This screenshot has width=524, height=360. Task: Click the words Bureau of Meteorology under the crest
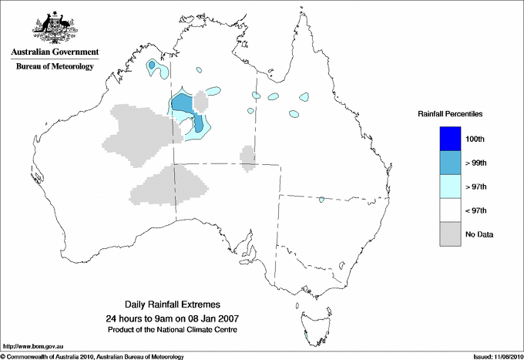coord(55,66)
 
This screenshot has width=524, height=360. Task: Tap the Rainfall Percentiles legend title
coord(450,113)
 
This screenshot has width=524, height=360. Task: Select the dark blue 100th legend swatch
coord(449,139)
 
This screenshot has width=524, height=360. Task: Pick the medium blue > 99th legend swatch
coord(449,163)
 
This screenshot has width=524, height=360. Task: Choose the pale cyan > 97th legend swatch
coord(449,187)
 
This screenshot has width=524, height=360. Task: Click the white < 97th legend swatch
coord(449,210)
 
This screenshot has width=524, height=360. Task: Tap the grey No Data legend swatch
coord(449,234)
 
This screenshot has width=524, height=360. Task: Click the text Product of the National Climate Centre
coord(172,329)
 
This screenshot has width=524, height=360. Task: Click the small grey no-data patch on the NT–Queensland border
coord(248,157)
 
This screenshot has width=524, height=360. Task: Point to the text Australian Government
coord(55,52)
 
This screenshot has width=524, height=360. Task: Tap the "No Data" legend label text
coord(479,234)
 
